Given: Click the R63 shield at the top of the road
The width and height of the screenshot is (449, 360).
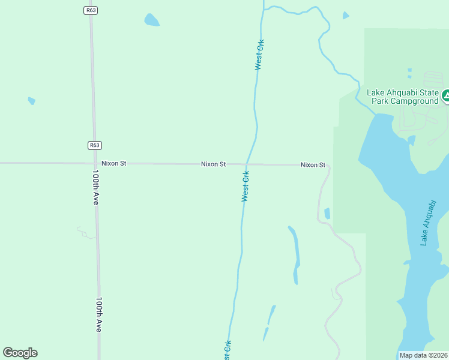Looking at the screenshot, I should pos(90,10).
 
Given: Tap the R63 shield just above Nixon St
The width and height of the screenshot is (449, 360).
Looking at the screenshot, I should pos(94,145).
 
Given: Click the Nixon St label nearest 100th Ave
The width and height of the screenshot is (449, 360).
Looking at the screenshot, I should pos(113,163).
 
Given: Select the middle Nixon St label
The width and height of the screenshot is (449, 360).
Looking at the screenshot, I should pos(213,164).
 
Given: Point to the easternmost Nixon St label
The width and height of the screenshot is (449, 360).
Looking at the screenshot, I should pos(313,164).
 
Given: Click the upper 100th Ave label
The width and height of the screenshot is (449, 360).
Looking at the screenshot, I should pos(95,187).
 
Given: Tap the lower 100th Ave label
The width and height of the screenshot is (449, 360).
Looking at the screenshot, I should pos(99,314).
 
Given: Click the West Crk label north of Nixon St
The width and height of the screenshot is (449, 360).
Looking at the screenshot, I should pos(259,55).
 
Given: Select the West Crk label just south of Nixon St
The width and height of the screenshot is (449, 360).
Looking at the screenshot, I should pos(246,186).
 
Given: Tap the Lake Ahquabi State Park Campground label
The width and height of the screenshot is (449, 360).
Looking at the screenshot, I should pos(403,97).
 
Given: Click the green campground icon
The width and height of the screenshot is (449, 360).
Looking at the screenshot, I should pos(446,95).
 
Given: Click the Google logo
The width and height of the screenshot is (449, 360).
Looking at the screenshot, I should pos(20,353).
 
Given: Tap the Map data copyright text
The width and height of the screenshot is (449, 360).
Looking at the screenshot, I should pos(423,355).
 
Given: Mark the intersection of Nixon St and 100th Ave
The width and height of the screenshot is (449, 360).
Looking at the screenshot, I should pos(95,163).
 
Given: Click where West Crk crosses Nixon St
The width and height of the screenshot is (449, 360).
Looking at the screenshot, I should pos(246,164).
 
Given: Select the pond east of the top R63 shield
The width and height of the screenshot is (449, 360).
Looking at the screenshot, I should pos(152,20).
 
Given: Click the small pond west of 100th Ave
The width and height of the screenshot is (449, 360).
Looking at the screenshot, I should pos(31,101).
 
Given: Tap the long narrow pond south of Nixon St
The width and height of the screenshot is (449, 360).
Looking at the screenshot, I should pos(295,254).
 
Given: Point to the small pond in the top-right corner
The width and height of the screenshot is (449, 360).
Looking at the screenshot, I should pos(346,16).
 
